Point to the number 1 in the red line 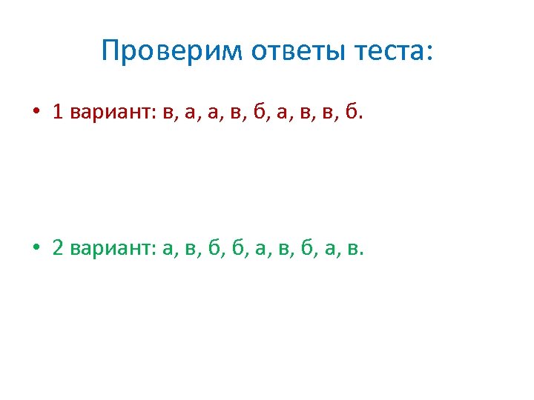point(58,112)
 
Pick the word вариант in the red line point(111,113)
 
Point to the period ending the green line point(362,254)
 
